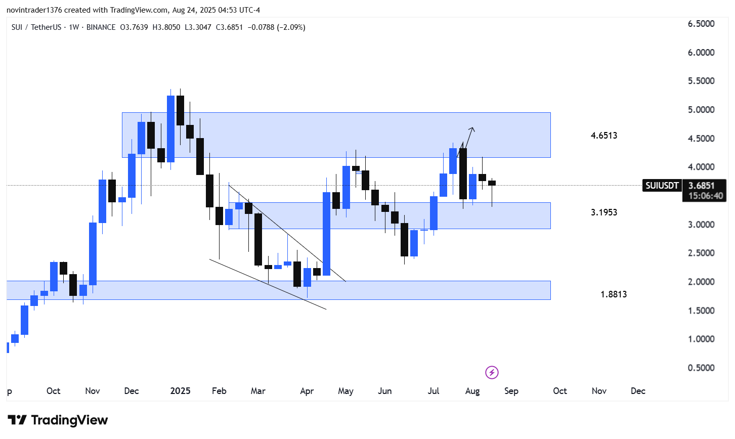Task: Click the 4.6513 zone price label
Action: [x=604, y=136]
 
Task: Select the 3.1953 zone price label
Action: [x=604, y=212]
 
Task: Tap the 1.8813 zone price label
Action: [x=614, y=294]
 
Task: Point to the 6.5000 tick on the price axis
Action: [x=701, y=24]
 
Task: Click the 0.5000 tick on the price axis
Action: [x=701, y=368]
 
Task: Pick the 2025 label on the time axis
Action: [x=180, y=391]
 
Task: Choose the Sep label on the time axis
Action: [x=511, y=391]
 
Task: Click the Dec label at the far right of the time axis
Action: [x=638, y=391]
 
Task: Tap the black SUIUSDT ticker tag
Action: [x=662, y=186]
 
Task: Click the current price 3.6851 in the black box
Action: [x=702, y=186]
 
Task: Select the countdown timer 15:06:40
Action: [x=706, y=196]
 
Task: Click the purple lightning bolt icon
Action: [x=492, y=373]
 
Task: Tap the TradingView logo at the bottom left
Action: [x=58, y=420]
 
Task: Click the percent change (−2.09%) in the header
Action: [x=290, y=27]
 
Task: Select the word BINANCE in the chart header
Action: [x=101, y=27]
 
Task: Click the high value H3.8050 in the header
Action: [x=166, y=27]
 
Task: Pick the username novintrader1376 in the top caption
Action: [x=33, y=10]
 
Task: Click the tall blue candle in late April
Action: [x=326, y=234]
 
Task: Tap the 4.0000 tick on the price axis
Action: [x=701, y=167]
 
